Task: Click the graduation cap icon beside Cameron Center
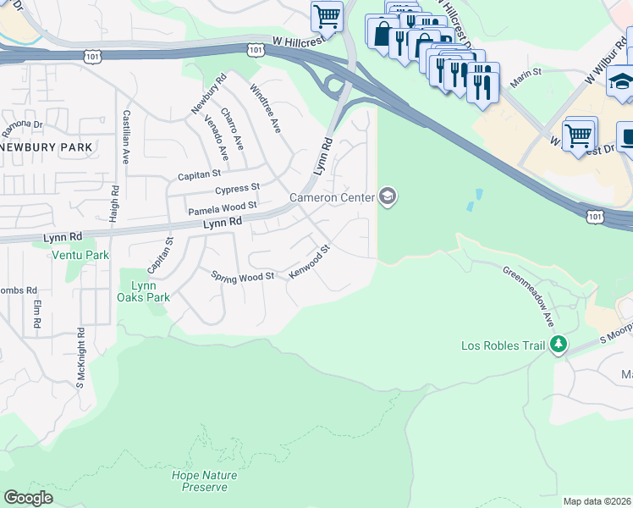click(388, 197)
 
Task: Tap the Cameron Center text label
click(332, 197)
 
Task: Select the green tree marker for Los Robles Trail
click(558, 345)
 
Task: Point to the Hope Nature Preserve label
click(200, 481)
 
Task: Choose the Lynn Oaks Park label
click(145, 291)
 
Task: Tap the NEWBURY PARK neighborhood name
click(58, 146)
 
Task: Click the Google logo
click(28, 497)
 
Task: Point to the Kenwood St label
click(308, 263)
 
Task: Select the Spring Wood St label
click(243, 276)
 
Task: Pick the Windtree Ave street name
click(265, 108)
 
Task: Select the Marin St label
click(525, 73)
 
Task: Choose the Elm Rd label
click(37, 314)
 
